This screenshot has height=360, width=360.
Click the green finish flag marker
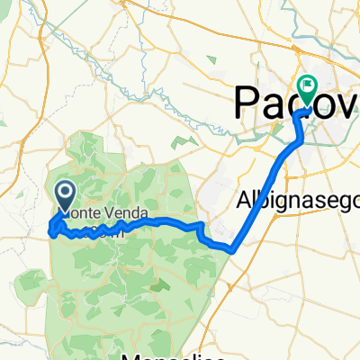(309, 91)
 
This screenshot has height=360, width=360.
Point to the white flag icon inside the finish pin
(309, 88)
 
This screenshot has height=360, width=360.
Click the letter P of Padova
(249, 102)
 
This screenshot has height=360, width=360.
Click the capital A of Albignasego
(243, 199)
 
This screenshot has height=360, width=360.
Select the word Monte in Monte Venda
(79, 214)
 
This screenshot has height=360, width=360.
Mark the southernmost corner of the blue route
(232, 251)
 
